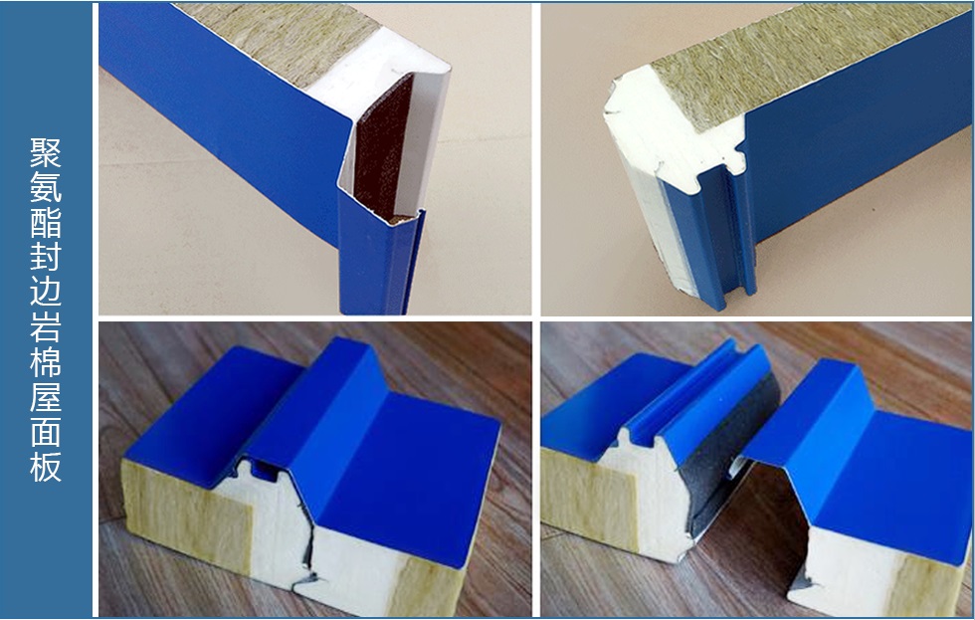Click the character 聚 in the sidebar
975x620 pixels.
tap(46, 153)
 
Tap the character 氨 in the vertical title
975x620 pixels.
tap(46, 187)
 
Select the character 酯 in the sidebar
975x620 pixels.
tap(46, 222)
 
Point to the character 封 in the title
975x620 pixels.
tap(46, 256)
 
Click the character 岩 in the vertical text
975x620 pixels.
tap(46, 325)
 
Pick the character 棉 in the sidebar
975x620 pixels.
tap(46, 360)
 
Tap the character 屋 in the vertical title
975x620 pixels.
tap(46, 395)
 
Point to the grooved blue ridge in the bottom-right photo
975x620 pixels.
tap(696, 398)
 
